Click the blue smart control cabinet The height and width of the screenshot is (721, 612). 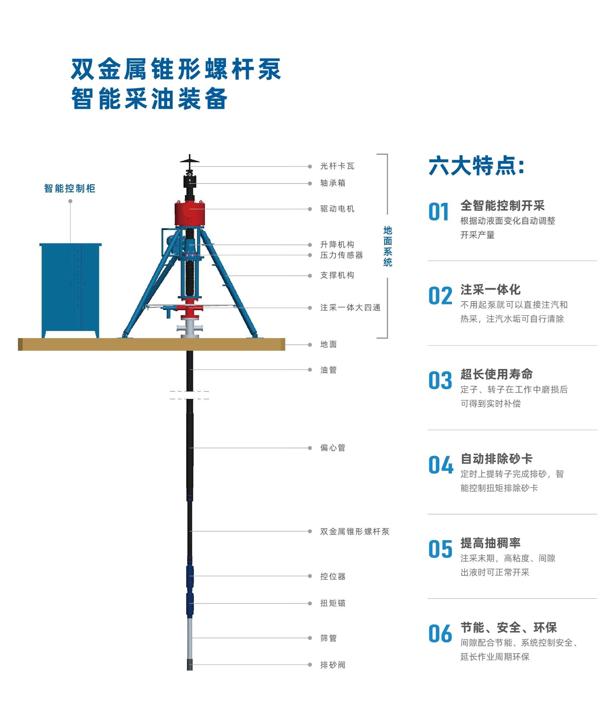tap(70, 290)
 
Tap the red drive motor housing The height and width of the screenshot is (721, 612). tap(189, 213)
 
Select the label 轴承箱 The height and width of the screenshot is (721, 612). tap(333, 183)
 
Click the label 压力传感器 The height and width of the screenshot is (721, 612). tap(341, 255)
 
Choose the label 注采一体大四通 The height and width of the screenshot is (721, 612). tap(350, 308)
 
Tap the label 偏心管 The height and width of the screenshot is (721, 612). tap(333, 448)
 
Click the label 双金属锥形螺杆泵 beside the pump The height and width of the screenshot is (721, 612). tap(355, 532)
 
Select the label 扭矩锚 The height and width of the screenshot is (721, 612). tap(333, 603)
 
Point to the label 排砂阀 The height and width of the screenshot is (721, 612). tap(333, 665)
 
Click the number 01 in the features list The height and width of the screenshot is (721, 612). tap(439, 212)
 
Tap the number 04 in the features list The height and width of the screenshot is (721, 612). tap(441, 465)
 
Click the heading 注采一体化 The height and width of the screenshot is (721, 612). tap(490, 289)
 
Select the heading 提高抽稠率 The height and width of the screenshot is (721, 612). tap(490, 543)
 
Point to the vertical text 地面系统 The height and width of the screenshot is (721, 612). tap(388, 246)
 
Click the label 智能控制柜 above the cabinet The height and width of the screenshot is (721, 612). tap(70, 188)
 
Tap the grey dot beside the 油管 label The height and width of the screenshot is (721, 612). tap(310, 370)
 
